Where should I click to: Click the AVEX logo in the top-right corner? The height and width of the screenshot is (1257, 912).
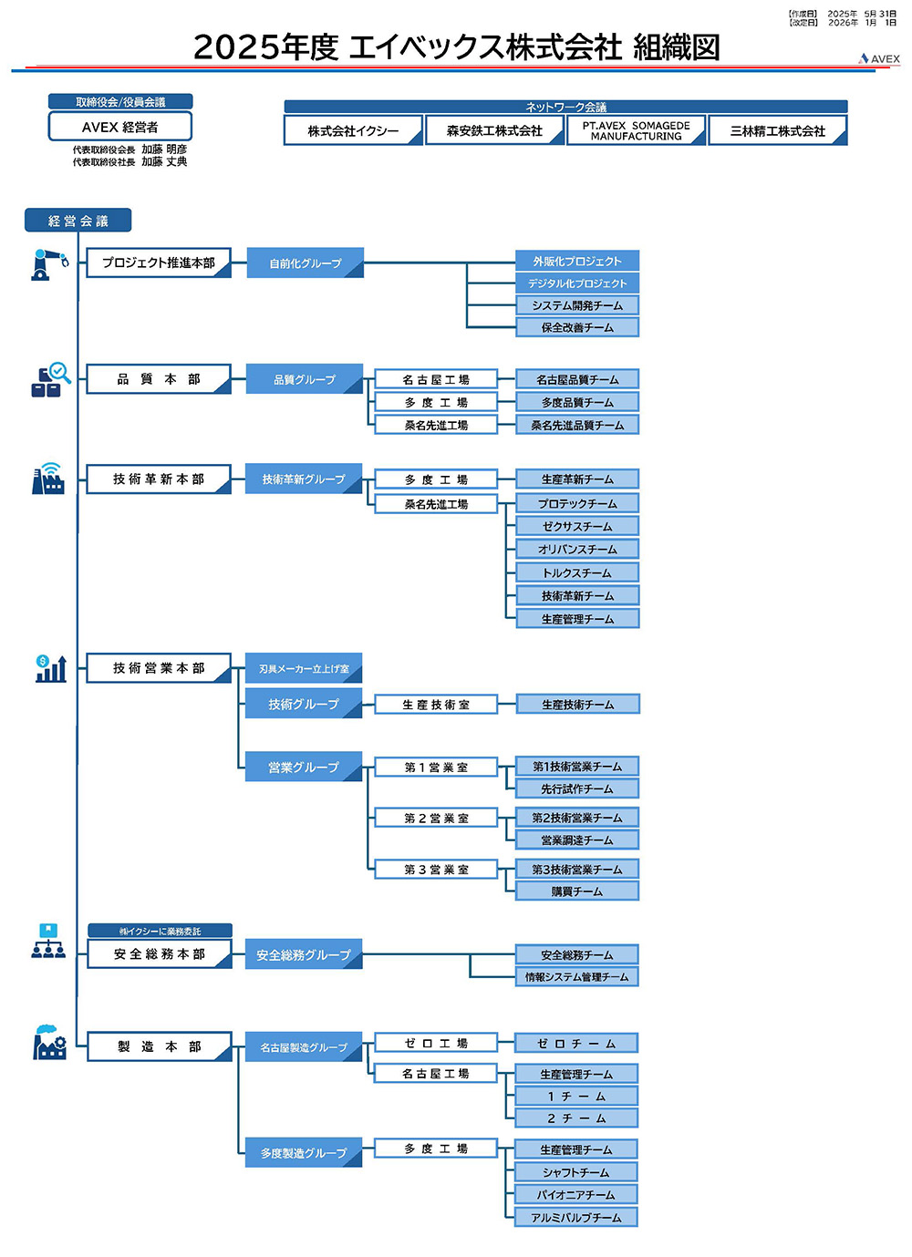879,58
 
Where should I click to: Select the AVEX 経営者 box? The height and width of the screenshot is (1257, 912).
120,127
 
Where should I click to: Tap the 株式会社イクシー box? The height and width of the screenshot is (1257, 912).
353,130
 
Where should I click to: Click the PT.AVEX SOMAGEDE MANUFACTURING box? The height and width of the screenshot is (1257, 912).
636,130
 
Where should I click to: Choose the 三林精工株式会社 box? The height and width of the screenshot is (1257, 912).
777,130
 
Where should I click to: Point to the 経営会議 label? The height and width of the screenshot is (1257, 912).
78,221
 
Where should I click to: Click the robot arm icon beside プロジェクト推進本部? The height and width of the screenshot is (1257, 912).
49,264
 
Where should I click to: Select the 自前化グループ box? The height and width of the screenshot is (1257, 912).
305,263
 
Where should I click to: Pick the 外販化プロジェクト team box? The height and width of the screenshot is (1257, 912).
577,261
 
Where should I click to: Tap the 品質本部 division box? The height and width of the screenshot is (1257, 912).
158,379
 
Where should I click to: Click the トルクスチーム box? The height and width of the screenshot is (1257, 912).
577,572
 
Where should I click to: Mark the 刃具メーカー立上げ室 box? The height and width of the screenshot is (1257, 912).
304,668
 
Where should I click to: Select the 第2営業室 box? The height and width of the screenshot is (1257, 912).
436,818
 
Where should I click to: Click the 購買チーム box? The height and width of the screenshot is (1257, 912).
577,891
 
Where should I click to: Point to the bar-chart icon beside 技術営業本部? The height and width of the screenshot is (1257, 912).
50,669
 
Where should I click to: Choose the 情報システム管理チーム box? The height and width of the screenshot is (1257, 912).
577,976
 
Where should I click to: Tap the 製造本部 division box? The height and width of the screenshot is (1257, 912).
159,1046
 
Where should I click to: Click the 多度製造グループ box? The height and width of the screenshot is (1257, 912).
304,1153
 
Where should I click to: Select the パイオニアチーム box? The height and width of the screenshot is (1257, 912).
576,1194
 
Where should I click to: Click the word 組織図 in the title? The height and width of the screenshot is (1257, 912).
676,46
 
